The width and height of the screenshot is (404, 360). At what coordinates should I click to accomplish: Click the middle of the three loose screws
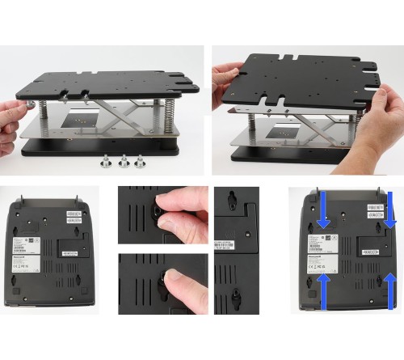[124, 160]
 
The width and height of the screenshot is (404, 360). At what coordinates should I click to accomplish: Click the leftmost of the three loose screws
[107, 160]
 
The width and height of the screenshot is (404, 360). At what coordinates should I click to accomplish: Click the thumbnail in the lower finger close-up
[173, 282]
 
